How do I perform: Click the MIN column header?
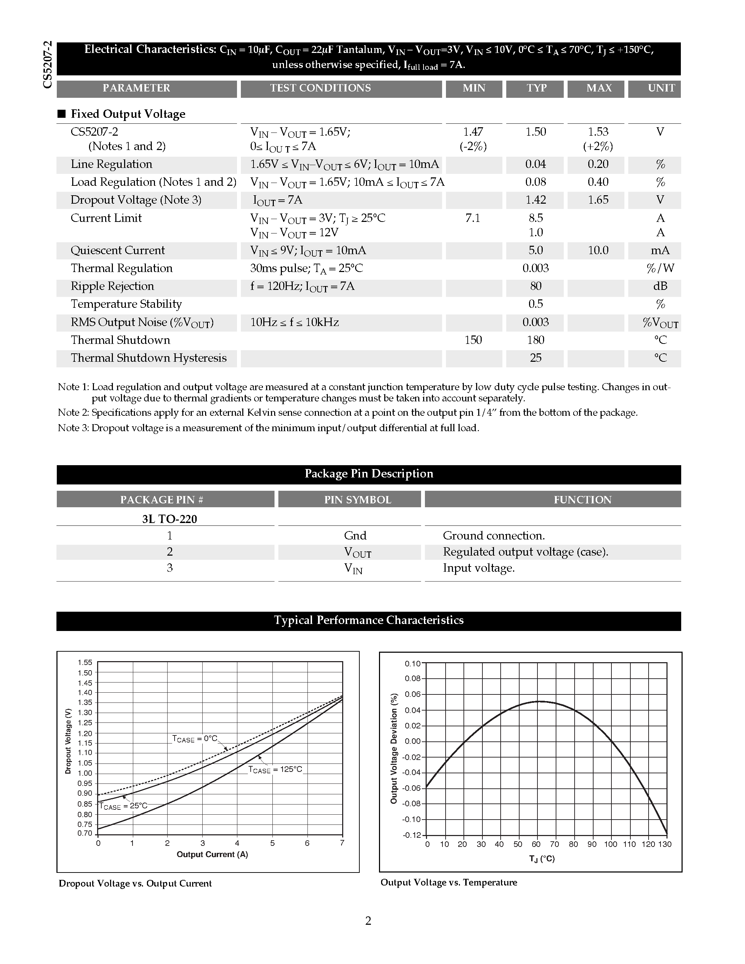474,88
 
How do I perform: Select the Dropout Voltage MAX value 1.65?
598,200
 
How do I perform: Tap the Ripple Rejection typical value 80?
535,286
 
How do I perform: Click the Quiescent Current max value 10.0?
598,250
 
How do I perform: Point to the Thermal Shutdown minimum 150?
473,340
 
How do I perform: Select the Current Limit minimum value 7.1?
473,218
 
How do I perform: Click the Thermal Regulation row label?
121,269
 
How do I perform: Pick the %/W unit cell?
660,269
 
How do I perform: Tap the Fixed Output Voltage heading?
128,114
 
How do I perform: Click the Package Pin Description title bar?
368,474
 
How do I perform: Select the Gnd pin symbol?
355,536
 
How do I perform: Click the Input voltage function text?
479,568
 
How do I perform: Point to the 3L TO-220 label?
169,519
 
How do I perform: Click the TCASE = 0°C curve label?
195,739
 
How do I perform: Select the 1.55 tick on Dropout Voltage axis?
85,663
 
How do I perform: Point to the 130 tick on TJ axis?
665,844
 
